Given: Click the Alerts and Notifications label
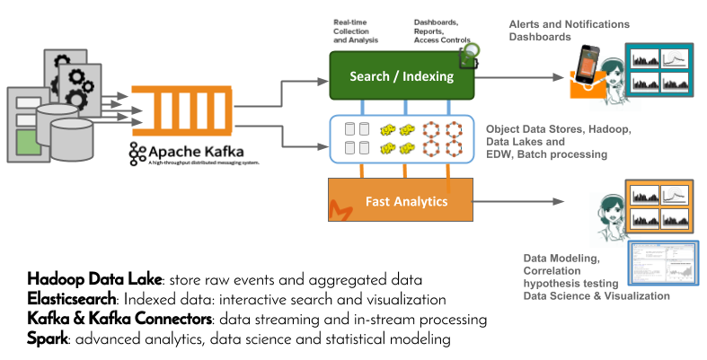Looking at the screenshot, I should pyautogui.click(x=570, y=24).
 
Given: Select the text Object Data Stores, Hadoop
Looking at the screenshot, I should pyautogui.click(x=558, y=129).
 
